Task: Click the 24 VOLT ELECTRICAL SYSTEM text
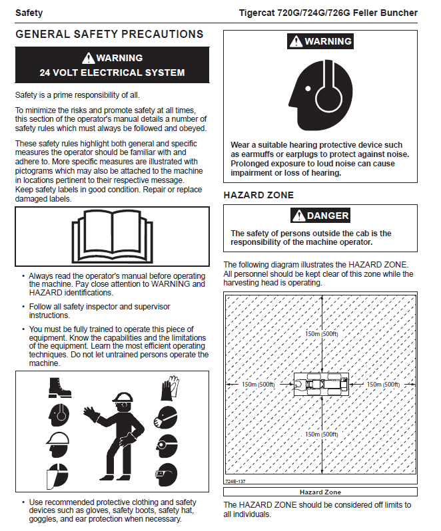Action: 112,72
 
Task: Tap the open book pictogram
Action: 112,236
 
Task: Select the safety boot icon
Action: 59,388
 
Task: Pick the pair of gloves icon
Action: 169,387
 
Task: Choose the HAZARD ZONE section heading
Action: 258,195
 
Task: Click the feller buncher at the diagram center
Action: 322,385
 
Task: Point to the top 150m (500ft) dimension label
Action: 322,334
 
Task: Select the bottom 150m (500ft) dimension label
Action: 322,435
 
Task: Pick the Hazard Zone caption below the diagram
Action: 320,492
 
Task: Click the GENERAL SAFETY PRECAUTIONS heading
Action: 109,35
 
